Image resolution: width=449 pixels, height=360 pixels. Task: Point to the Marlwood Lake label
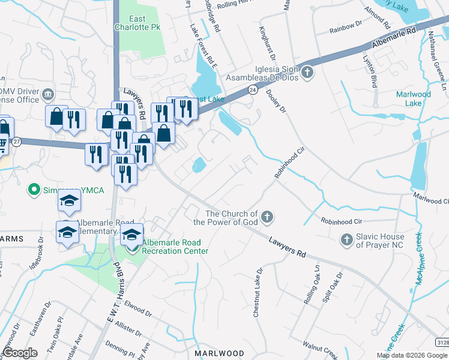point(414,98)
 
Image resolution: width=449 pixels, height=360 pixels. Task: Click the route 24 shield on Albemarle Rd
point(253,90)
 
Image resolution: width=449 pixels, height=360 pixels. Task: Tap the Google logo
point(19,353)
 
